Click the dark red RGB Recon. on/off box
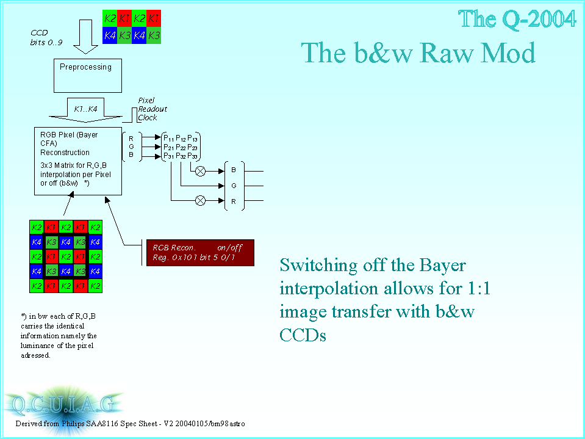coord(200,253)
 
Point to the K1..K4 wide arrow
coord(85,110)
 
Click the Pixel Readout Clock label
coord(153,109)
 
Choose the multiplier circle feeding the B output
coord(200,172)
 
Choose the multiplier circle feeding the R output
coord(200,201)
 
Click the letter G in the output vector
coord(234,186)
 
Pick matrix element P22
coord(181,147)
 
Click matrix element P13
coord(193,138)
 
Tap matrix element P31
coord(168,156)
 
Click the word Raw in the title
coord(447,53)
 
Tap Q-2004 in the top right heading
coord(539,19)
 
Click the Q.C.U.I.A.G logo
coord(63,405)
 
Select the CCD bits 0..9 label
coord(46,38)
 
